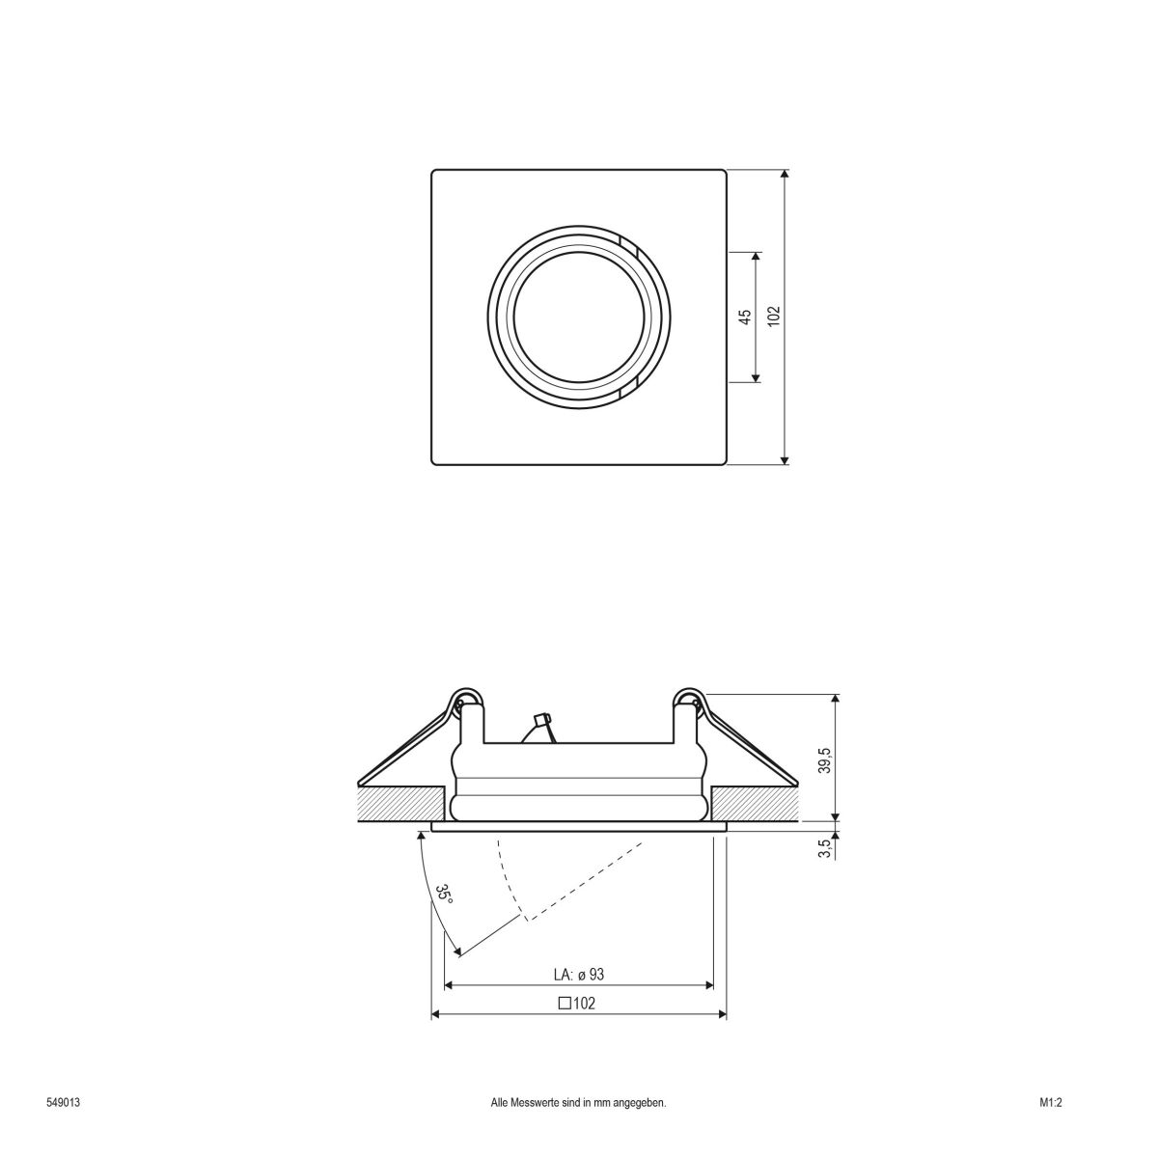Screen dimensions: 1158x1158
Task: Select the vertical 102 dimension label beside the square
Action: [x=773, y=317]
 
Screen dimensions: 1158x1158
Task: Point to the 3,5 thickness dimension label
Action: [x=824, y=848]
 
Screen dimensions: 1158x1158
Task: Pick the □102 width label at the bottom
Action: [x=577, y=1003]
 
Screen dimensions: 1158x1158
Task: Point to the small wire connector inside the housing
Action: [x=540, y=723]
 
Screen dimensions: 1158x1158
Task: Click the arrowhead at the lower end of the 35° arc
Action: [x=457, y=952]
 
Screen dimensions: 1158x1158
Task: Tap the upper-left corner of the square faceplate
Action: [x=433, y=173]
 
